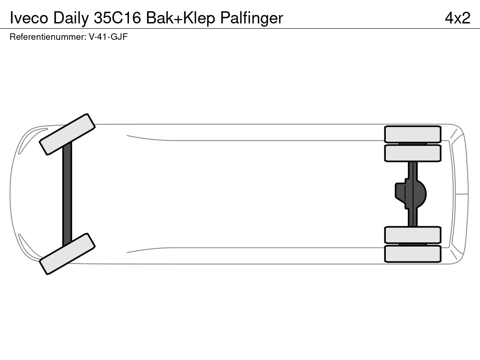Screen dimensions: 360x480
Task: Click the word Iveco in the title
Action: click(29, 17)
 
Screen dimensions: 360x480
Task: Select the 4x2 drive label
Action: click(457, 17)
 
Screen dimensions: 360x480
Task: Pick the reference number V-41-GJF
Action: click(108, 37)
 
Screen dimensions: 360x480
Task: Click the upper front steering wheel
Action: click(67, 134)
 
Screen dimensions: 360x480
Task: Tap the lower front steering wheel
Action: click(67, 254)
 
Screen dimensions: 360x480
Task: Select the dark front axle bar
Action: click(67, 194)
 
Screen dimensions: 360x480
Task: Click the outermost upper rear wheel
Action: click(412, 134)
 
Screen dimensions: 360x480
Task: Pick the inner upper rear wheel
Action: click(412, 153)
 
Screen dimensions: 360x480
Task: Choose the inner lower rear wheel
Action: click(412, 235)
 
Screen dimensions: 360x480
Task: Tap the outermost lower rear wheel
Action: click(412, 254)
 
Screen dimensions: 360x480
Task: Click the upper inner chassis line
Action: click(253, 140)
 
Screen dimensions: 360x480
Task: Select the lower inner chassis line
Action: click(253, 247)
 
